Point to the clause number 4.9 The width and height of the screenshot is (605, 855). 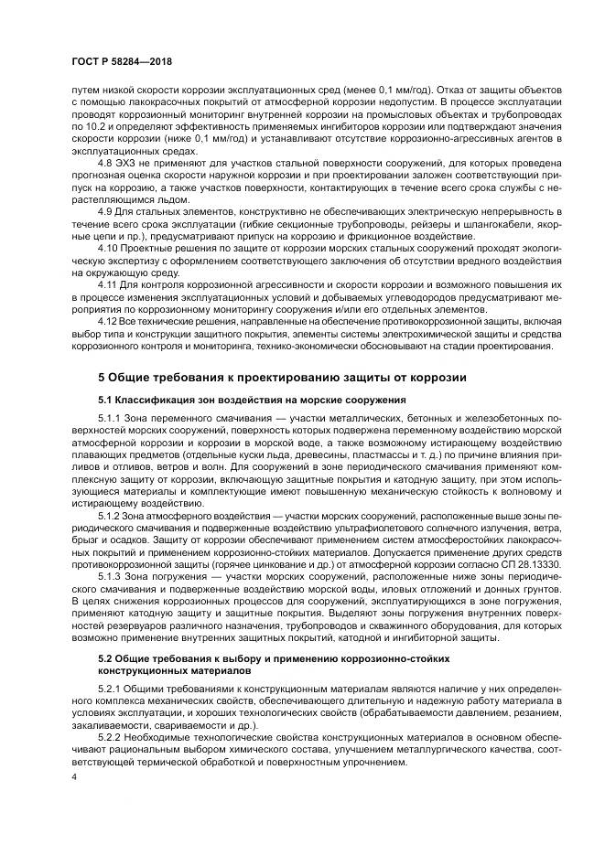click(106, 211)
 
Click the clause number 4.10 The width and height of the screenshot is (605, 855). click(108, 249)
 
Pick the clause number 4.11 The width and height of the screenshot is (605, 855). click(108, 285)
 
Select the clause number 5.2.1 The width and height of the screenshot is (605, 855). click(111, 687)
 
